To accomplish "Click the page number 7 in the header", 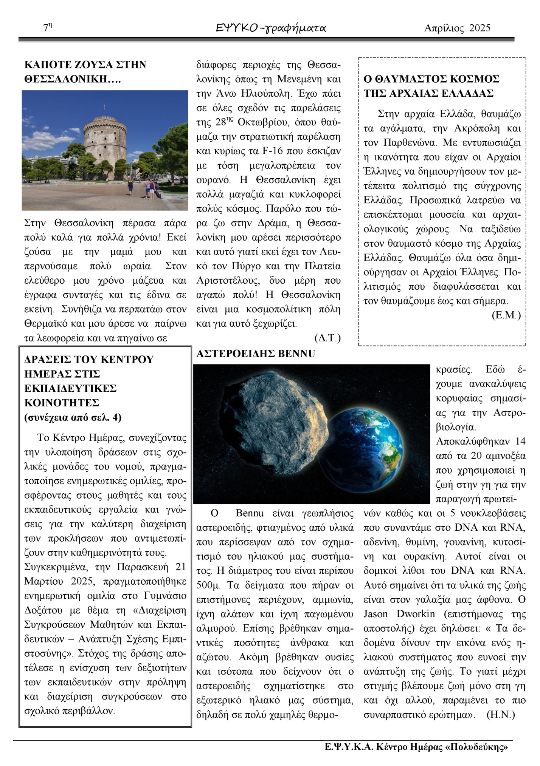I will pyautogui.click(x=46, y=28).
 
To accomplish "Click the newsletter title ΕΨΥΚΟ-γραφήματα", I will pyautogui.click(x=271, y=28).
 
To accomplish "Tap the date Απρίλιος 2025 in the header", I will pyautogui.click(x=457, y=28).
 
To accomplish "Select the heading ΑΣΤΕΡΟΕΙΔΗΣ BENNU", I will pyautogui.click(x=256, y=354).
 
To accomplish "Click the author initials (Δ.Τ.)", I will pyautogui.click(x=327, y=338).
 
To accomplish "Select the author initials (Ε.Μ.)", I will pyautogui.click(x=506, y=315).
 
